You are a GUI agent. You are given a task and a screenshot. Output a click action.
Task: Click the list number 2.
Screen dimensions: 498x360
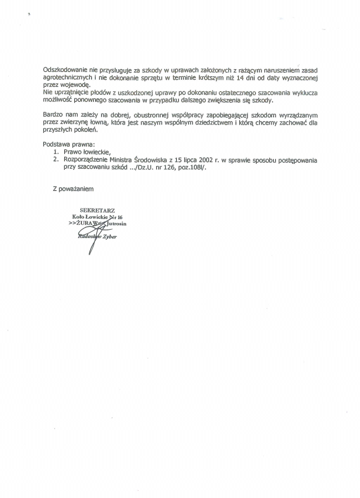coord(55,159)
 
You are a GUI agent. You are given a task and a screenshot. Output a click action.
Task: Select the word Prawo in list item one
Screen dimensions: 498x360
coord(71,152)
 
